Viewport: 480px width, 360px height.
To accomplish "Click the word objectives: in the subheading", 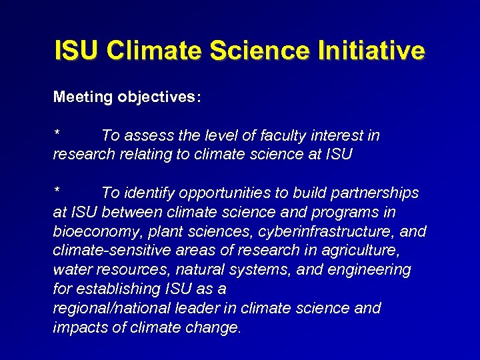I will click(x=158, y=97).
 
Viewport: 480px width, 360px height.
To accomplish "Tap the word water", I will click(x=71, y=270).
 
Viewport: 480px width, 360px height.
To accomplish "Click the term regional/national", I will click(x=109, y=309).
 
